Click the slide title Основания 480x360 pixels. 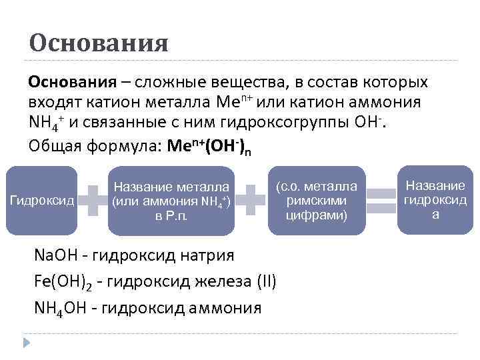click(x=99, y=44)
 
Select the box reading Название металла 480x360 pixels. click(x=171, y=201)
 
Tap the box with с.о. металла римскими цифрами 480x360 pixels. click(x=317, y=200)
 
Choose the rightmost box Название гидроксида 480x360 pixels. click(x=435, y=199)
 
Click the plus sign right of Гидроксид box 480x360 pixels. click(x=93, y=200)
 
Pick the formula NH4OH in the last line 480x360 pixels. click(x=64, y=307)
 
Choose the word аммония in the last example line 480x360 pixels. click(x=227, y=307)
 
